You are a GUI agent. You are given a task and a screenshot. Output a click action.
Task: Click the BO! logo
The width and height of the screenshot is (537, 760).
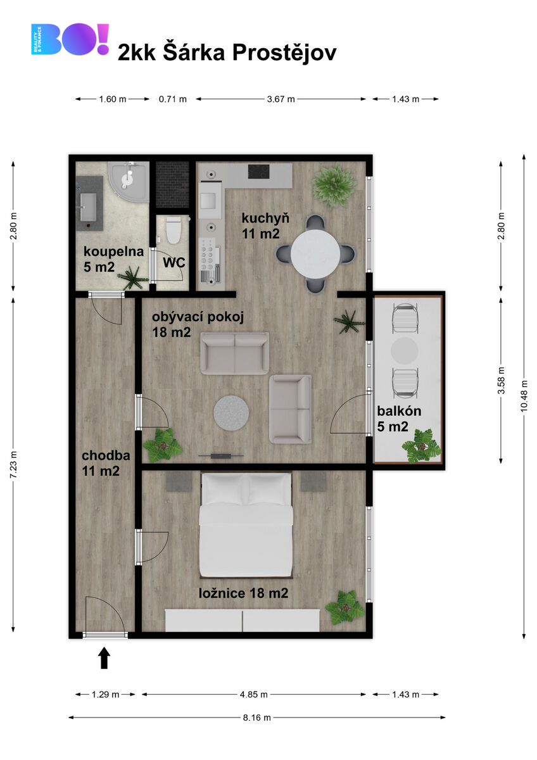[x=70, y=39]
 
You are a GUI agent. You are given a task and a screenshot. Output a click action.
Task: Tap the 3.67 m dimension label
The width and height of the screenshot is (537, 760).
[x=281, y=99]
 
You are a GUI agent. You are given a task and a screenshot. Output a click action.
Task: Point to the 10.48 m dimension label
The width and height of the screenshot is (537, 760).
[x=524, y=396]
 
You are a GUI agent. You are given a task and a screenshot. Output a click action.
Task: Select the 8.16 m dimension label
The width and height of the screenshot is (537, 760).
[x=257, y=718]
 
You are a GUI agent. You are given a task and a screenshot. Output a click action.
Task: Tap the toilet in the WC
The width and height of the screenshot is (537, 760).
[x=174, y=230]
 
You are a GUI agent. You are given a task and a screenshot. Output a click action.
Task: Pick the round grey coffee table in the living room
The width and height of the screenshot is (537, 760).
[x=231, y=413]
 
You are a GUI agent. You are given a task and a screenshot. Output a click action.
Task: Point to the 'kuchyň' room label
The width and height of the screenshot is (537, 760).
[x=265, y=218]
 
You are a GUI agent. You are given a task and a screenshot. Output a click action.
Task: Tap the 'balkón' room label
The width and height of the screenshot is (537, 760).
[x=399, y=411]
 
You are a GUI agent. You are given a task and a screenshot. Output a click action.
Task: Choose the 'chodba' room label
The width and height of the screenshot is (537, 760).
[x=106, y=455]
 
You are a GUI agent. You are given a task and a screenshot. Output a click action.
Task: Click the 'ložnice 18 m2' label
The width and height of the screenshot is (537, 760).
[x=243, y=593]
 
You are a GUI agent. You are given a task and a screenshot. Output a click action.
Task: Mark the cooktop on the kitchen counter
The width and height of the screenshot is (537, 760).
[x=258, y=172]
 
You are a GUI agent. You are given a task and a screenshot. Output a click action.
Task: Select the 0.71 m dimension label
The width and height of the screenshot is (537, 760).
[x=173, y=99]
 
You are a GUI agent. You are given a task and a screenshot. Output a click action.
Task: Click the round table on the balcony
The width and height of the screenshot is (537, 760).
[x=405, y=350]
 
